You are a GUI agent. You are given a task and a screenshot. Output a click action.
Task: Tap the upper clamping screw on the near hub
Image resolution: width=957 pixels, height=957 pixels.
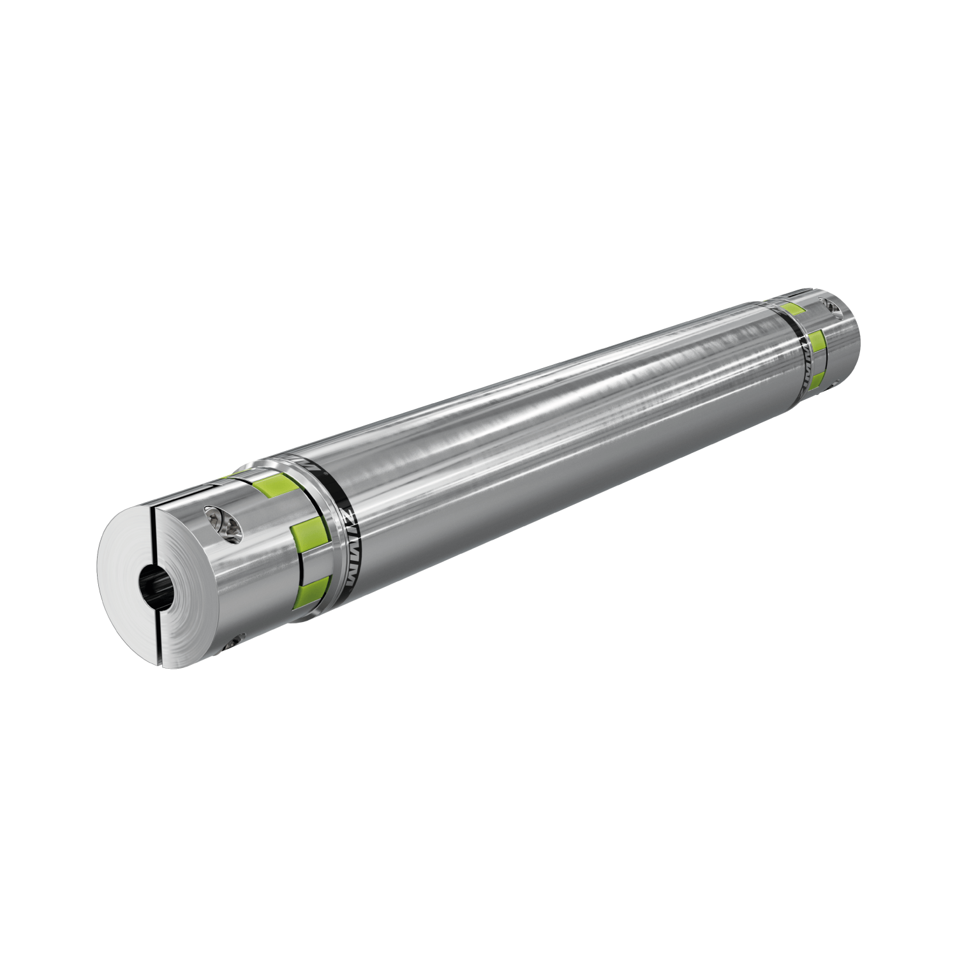pos(222,524)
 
